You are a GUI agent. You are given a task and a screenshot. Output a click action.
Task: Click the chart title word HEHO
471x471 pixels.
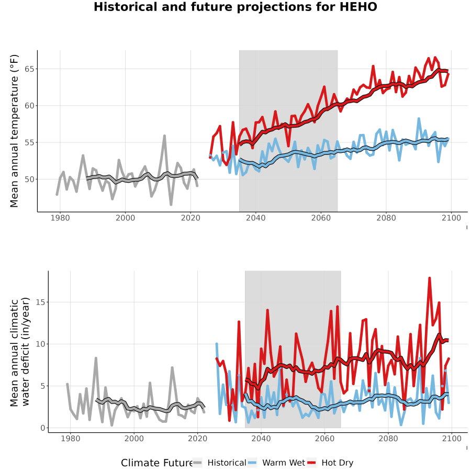(x=358, y=7)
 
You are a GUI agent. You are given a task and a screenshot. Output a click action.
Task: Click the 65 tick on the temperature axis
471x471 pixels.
(x=29, y=69)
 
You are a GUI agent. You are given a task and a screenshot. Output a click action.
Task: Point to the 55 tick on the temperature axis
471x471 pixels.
(x=29, y=142)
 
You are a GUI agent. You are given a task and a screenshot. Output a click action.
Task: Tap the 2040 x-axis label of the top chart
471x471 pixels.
(x=255, y=218)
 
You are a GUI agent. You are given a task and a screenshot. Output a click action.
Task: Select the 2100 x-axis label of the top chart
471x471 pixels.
(x=451, y=218)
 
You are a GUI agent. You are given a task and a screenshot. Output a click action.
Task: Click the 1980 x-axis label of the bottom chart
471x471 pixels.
(x=71, y=439)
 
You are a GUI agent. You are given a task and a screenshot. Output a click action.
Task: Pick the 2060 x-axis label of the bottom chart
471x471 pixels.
(x=324, y=439)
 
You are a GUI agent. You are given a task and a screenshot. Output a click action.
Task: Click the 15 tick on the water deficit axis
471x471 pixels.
(x=40, y=302)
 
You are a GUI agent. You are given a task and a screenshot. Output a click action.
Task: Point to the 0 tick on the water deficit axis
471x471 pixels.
(x=43, y=428)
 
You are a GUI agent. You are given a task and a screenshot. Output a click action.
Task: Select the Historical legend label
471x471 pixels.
(x=227, y=463)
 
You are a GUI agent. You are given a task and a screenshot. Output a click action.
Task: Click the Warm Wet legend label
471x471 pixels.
(x=284, y=463)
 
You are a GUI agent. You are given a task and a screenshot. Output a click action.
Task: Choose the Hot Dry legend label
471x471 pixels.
(x=338, y=463)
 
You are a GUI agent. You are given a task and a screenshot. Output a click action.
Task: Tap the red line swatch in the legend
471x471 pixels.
(x=311, y=463)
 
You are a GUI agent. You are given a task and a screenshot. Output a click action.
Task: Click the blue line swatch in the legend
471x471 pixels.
(x=252, y=463)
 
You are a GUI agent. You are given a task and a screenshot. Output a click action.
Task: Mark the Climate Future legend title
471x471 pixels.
(x=157, y=463)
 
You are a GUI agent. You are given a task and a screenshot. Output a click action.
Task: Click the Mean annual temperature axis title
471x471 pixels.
(x=14, y=131)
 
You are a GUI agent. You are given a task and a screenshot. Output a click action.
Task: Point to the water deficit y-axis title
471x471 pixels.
(x=20, y=352)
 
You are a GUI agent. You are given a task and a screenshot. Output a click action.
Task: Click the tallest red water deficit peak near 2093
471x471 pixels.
(x=430, y=278)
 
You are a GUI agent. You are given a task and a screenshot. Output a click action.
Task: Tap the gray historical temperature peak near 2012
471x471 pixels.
(x=165, y=136)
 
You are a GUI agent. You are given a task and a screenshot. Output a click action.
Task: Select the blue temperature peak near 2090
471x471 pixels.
(x=419, y=119)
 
